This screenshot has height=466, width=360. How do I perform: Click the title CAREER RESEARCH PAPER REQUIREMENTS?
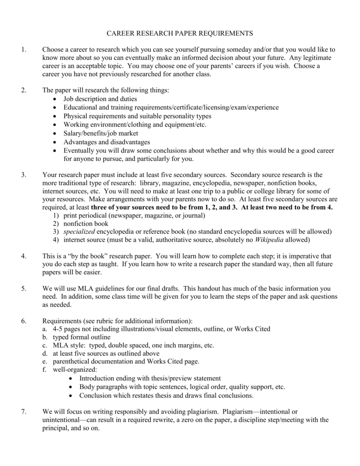[180, 33]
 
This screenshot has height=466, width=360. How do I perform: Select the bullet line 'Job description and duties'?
[100, 99]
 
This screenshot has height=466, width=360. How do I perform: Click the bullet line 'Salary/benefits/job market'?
[101, 133]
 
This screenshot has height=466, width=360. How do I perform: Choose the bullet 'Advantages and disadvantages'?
[106, 142]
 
